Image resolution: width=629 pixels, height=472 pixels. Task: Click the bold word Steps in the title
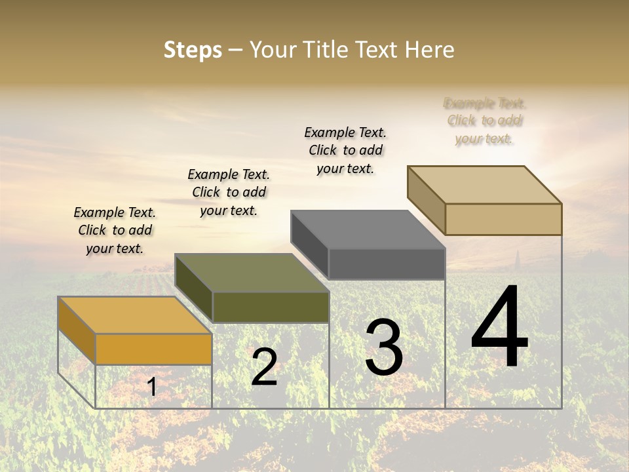pos(193,50)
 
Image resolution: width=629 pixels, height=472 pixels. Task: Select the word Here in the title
pos(429,50)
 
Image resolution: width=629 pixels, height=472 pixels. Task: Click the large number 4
pos(499,328)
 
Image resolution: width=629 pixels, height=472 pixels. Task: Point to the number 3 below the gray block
pos(384,347)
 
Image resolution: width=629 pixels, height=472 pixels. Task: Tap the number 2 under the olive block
pos(264,367)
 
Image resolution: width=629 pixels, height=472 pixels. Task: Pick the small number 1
pos(151,387)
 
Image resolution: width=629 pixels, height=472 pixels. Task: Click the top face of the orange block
pos(134,315)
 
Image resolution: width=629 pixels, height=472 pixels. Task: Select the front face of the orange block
pos(153,349)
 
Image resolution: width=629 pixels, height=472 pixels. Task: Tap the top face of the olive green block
pos(252,273)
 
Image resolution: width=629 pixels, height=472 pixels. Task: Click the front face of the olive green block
pos(271,307)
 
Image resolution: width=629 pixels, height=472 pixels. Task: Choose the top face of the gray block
pos(368,229)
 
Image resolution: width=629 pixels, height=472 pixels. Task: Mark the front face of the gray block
pos(387,264)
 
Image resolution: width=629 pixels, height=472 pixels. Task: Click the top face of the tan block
pos(484,185)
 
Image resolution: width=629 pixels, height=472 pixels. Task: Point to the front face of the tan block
pos(503,219)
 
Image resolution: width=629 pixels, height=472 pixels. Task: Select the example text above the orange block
pos(115,230)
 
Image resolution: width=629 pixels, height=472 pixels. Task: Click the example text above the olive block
pos(229,192)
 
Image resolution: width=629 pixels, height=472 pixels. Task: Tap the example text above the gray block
pos(345,150)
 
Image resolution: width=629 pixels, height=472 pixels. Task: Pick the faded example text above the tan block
pos(485,121)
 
